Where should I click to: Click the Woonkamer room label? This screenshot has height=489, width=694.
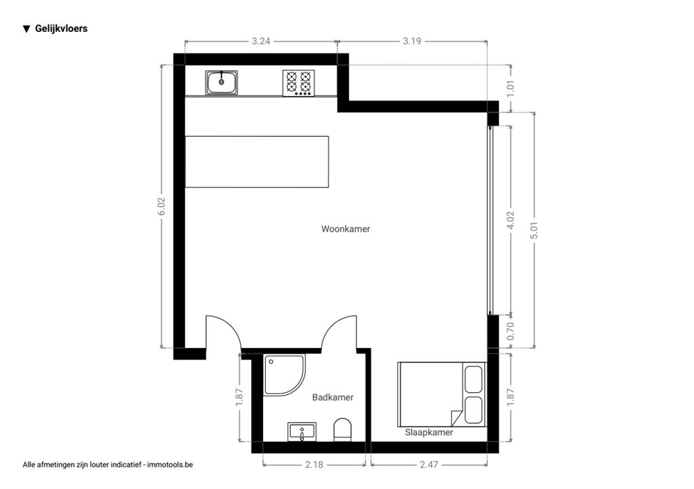[346, 229]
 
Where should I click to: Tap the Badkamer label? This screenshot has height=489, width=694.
[333, 397]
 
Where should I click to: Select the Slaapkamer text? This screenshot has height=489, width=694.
[429, 432]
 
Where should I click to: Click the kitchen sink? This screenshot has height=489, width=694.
[222, 83]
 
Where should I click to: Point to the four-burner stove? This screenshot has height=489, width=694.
[299, 83]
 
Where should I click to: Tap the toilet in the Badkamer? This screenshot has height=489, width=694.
[342, 429]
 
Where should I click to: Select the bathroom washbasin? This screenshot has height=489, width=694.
[302, 431]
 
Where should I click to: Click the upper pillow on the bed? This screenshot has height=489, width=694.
[473, 379]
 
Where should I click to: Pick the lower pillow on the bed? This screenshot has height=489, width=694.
[473, 410]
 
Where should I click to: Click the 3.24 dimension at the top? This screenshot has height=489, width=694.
[261, 41]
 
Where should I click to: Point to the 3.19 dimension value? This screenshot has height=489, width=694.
[411, 41]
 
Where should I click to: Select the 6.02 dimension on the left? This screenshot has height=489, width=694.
[161, 207]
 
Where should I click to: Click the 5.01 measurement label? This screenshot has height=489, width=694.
[534, 230]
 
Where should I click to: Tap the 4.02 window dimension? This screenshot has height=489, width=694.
[510, 219]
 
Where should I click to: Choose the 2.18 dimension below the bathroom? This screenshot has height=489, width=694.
[314, 465]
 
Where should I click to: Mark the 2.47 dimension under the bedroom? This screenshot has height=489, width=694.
[428, 465]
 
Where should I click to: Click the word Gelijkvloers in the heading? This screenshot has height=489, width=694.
[61, 28]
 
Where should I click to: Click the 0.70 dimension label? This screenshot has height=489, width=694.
[510, 331]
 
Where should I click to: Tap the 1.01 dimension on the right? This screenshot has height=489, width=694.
[510, 89]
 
